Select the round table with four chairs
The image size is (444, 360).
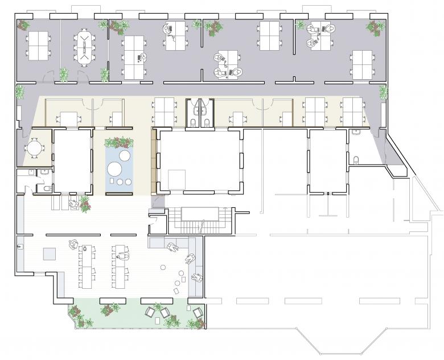point(35,148)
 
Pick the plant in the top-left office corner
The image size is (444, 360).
point(23,25)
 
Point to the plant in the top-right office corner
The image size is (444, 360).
point(376,26)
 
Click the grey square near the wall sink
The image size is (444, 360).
point(50,253)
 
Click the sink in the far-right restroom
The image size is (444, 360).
point(356,132)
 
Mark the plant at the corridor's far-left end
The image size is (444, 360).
point(20,91)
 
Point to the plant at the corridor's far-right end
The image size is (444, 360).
point(383,91)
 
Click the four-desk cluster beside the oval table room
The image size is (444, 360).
point(39,45)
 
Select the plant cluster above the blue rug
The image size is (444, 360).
point(120,141)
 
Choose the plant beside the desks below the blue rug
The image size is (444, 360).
point(85,204)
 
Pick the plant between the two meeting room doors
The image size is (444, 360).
point(64,74)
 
